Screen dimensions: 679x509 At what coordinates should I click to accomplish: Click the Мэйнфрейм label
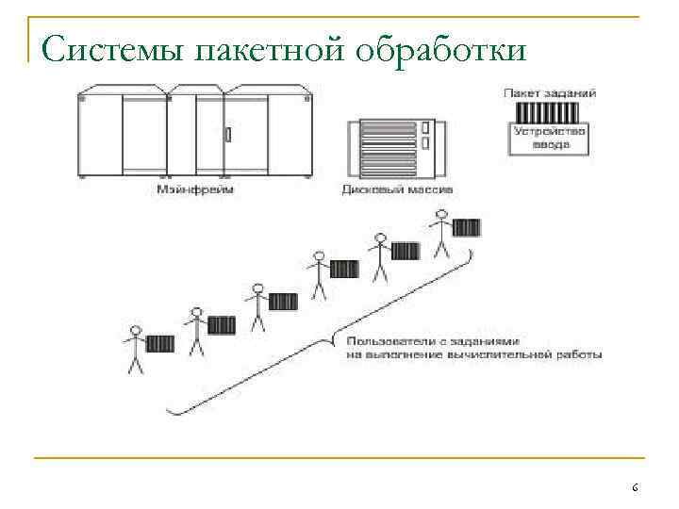pos(195,189)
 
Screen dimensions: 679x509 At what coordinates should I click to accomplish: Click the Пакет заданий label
pos(551,92)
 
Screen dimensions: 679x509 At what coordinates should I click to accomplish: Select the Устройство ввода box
pos(550,140)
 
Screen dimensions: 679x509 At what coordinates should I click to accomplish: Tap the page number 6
pos(635,487)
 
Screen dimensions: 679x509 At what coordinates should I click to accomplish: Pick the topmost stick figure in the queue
pos(440,232)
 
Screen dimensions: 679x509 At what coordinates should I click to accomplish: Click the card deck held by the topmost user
pos(466,227)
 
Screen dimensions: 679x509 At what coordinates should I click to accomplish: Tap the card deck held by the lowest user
pos(161,343)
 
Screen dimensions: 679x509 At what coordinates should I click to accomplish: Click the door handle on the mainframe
pos(226,134)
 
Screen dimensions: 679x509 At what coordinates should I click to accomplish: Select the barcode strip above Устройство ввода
pos(550,111)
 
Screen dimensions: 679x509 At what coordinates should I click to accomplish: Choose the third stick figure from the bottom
pos(257,307)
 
